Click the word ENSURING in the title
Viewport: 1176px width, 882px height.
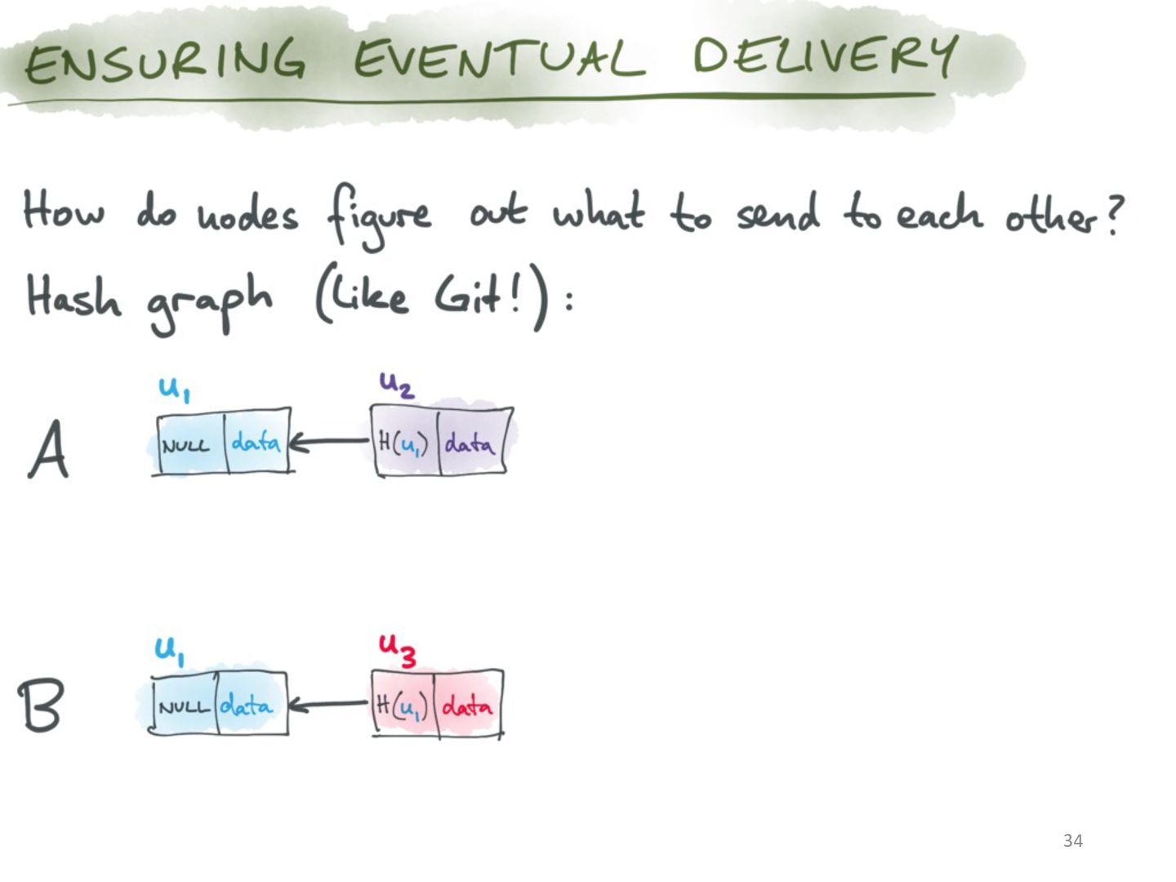coord(165,61)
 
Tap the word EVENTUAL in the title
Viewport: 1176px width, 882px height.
coord(499,58)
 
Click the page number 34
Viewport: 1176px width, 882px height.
coord(1072,840)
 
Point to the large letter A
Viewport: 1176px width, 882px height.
coord(48,449)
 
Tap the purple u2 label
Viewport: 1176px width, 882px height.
coord(396,385)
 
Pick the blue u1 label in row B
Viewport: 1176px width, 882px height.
coord(170,652)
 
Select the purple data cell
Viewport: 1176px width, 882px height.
coord(472,443)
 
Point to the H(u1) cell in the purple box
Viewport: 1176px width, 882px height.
coord(406,443)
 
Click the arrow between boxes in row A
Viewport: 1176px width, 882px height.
coord(330,442)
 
